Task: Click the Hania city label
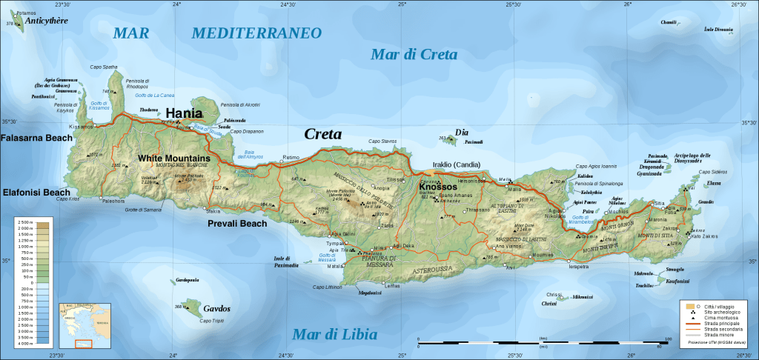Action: point(183,113)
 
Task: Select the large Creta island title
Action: point(323,134)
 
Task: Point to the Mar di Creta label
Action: point(414,54)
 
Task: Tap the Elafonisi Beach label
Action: point(36,193)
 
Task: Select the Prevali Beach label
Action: point(237,223)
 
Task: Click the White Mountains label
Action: point(174,159)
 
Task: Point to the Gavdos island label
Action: point(216,308)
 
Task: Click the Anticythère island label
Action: point(46,21)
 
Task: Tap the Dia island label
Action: point(462,133)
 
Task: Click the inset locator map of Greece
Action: point(84,325)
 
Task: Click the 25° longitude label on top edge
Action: point(401,4)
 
